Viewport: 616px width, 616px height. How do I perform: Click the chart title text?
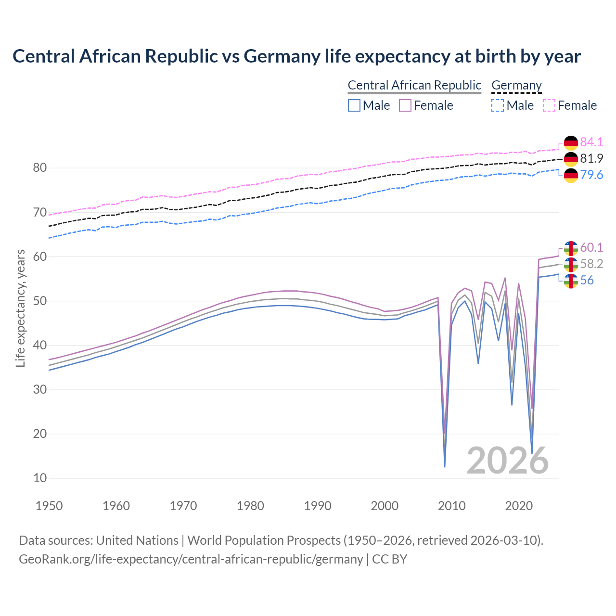296,56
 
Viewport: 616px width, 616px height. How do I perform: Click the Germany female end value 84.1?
591,142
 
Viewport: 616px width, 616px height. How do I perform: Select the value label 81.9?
591,158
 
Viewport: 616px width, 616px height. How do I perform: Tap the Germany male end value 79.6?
591,175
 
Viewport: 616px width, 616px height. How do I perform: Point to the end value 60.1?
591,247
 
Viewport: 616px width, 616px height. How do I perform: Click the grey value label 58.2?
591,264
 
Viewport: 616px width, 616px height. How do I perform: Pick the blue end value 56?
587,280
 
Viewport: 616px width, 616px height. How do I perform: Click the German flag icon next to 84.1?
571,142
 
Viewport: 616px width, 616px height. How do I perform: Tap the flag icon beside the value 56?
571,281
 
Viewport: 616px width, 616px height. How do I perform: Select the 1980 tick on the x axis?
250,506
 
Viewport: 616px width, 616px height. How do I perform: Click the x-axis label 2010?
451,506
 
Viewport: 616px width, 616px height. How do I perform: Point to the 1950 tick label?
49,506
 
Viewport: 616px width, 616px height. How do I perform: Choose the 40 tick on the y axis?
40,345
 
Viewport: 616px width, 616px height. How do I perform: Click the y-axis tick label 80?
40,168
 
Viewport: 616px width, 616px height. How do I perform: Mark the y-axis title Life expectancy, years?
20,308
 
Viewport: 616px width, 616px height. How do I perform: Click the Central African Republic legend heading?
414,85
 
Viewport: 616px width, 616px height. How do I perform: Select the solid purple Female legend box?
405,105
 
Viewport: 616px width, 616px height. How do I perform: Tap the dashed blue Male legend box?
498,105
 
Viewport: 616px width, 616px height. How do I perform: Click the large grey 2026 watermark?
507,461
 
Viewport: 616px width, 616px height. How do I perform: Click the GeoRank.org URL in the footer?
191,559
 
